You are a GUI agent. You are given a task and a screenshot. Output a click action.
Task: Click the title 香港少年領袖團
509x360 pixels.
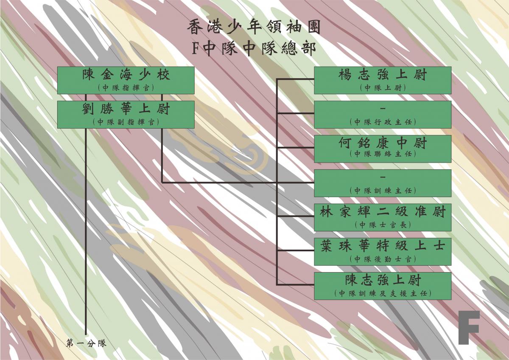(x=254, y=27)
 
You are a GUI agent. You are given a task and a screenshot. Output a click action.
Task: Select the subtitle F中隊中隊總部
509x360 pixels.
(x=254, y=49)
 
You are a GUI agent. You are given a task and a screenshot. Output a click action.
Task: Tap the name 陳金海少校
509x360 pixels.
(x=126, y=75)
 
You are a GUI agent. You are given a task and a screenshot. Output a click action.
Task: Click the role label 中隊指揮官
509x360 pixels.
(x=126, y=88)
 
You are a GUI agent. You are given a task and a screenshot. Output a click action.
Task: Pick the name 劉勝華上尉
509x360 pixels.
(x=126, y=109)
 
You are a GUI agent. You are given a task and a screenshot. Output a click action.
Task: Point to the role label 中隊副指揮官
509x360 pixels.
(x=126, y=122)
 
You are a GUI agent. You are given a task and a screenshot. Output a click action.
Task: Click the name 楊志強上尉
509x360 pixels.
(x=383, y=75)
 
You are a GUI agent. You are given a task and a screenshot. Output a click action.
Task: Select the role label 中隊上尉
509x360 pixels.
(x=383, y=88)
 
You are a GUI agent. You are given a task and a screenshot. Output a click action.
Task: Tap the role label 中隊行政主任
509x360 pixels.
(x=383, y=122)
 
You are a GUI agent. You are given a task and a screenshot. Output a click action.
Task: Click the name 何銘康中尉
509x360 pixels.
(x=383, y=143)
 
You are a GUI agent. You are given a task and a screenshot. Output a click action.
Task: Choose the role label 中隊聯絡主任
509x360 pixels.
(x=383, y=154)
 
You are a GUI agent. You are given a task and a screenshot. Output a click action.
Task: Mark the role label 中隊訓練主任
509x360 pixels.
(x=383, y=191)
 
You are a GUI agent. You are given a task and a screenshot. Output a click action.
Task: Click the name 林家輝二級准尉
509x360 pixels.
(x=383, y=211)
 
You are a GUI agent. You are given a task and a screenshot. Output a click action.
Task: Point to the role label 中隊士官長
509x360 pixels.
(x=383, y=225)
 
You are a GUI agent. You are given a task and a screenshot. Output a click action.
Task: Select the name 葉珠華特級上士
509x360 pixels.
(x=383, y=246)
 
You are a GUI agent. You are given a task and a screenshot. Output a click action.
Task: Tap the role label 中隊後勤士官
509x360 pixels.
(x=383, y=259)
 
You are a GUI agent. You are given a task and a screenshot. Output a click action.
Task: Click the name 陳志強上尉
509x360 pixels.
(x=383, y=280)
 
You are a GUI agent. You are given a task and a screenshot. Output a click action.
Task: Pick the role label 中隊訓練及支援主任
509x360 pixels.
(x=383, y=293)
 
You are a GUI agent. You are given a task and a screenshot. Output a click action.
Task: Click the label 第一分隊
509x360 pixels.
(x=86, y=343)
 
